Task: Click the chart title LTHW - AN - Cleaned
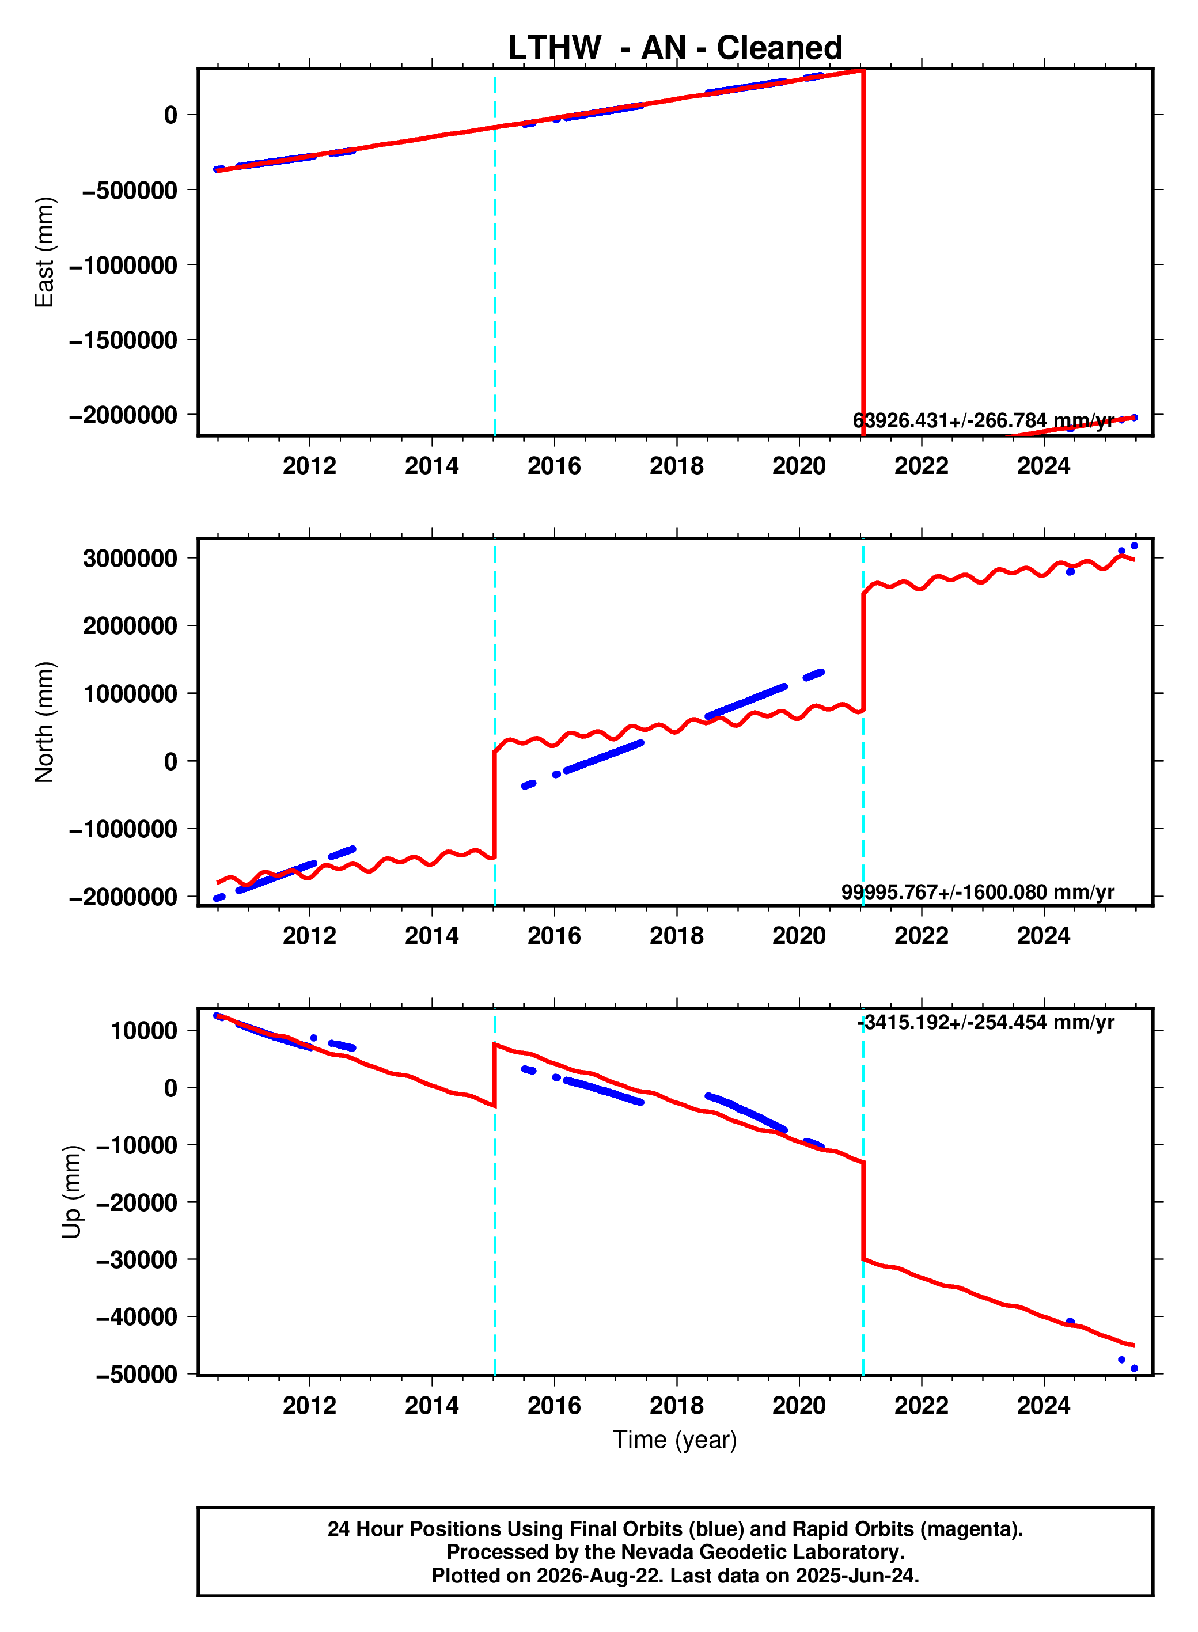tap(674, 48)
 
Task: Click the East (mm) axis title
tap(44, 252)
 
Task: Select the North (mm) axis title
tap(44, 722)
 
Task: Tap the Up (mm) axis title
tap(71, 1192)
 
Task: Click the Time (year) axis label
tap(674, 1439)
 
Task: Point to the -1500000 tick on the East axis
tap(123, 339)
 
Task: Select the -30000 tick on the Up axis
tap(137, 1260)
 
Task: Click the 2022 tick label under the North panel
tap(921, 935)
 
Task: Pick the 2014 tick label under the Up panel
tap(432, 1405)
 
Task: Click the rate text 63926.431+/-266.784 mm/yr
tap(983, 420)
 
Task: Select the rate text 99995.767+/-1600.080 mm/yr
tap(977, 892)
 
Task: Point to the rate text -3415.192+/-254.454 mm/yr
tap(986, 1022)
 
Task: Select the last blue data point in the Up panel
tap(1134, 1368)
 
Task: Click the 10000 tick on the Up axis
tap(143, 1030)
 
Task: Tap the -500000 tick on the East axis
tap(130, 190)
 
